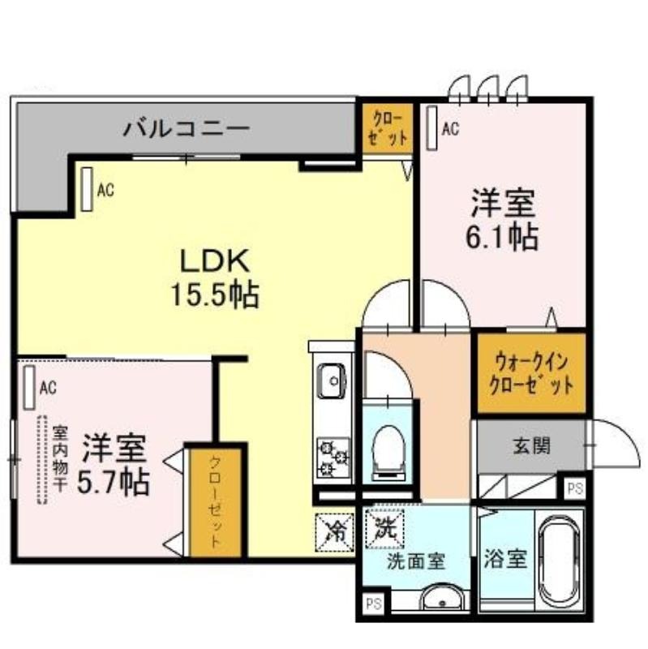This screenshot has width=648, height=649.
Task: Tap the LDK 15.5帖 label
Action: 215,277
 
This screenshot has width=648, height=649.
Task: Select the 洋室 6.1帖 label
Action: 502,220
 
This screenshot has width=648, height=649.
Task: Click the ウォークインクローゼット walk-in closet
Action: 532,373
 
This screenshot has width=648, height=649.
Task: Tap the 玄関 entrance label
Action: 532,445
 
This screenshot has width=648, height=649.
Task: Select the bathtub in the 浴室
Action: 559,560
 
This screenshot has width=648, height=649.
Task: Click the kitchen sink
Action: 332,380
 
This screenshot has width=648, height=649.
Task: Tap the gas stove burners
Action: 333,458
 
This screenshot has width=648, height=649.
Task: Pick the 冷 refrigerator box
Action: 334,532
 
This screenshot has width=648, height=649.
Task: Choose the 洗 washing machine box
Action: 384,528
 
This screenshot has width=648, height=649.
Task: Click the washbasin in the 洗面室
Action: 441,597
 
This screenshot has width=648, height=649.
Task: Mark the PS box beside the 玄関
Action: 575,489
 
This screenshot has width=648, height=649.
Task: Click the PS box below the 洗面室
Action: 374,604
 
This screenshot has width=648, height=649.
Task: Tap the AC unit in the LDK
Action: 87,189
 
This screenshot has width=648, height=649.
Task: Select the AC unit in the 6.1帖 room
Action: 432,128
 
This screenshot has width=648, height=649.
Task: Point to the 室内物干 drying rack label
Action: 60,459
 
